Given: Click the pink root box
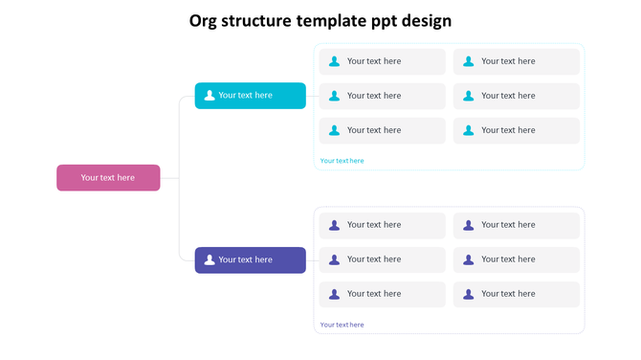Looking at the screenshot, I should coord(108,178).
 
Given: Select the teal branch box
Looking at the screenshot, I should coord(251,96).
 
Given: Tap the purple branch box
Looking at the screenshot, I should coord(251,259).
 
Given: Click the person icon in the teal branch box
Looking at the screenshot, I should coord(210,96).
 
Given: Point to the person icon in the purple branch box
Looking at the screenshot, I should coord(210,259).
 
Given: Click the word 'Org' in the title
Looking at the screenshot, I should coord(205,21).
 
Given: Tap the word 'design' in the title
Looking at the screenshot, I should coord(426,21).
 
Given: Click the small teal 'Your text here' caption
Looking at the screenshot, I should coord(342,161).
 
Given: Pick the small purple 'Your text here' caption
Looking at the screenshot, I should coord(342,325).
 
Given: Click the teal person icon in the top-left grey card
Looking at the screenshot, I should coord(334,61).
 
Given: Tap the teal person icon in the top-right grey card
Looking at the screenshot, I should coord(469,61).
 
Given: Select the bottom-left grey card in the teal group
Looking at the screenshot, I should coord(383,130).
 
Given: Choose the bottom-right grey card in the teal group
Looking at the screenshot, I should coord(517,130).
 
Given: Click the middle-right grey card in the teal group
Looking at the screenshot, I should coord(517,96).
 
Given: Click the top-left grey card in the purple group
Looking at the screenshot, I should coord(383,225).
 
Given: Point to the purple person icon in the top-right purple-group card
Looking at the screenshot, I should coord(469,225).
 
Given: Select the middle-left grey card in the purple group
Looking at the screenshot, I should coord(383,259).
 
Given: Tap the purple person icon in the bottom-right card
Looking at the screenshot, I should coord(469,294).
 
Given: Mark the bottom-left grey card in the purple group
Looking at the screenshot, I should coord(383,294).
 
